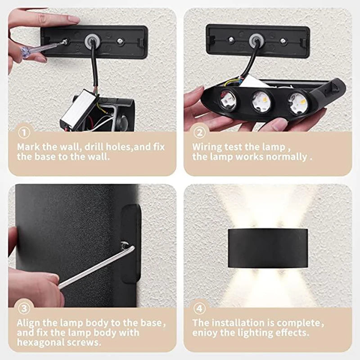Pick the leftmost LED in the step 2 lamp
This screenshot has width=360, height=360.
coord(229,100)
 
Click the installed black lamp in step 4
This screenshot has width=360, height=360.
coord(268,248)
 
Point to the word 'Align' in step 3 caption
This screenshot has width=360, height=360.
coord(30,323)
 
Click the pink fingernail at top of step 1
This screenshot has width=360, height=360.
coord(73,19)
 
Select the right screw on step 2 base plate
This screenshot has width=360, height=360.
coord(283,41)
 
